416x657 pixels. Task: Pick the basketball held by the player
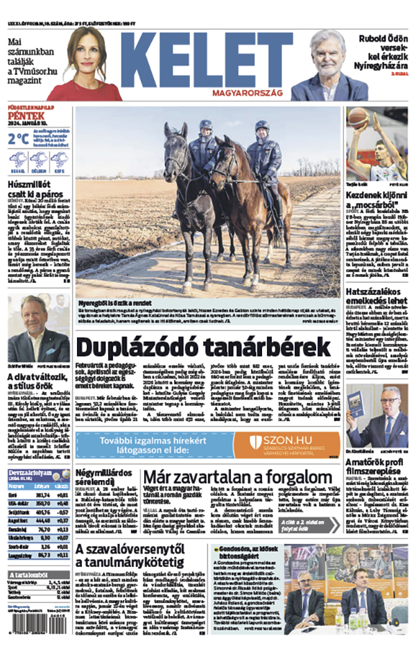(358, 119)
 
